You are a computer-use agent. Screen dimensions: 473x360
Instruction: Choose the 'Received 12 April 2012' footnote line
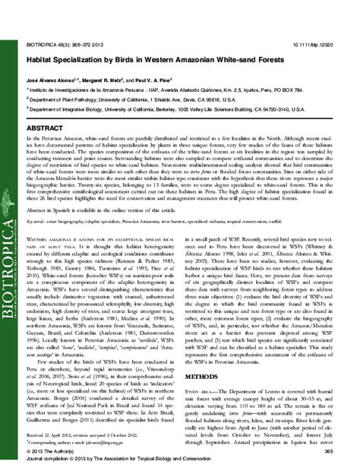(x=77, y=430)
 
